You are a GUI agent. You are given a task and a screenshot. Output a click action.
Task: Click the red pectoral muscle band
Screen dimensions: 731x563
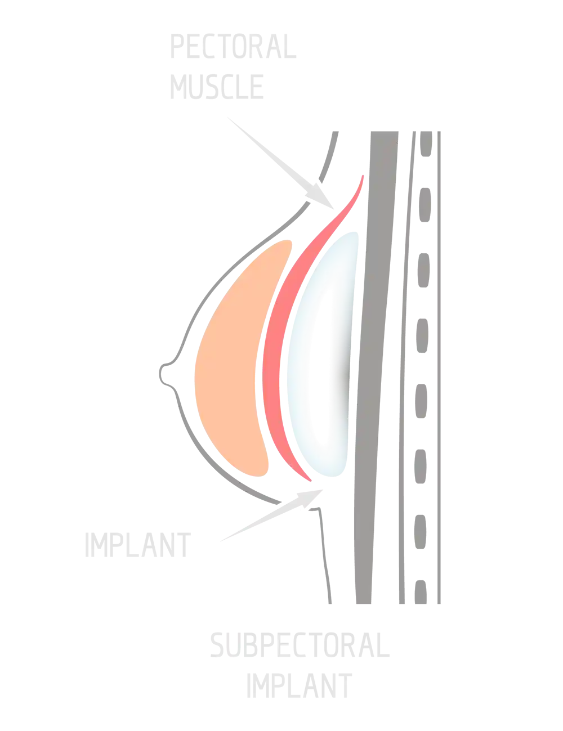(275, 360)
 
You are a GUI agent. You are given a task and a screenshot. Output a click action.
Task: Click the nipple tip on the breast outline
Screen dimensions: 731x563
(162, 371)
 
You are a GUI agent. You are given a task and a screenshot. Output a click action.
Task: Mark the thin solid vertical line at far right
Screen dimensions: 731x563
(438, 366)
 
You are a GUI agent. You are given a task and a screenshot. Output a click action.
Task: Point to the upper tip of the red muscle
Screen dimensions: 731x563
(362, 179)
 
